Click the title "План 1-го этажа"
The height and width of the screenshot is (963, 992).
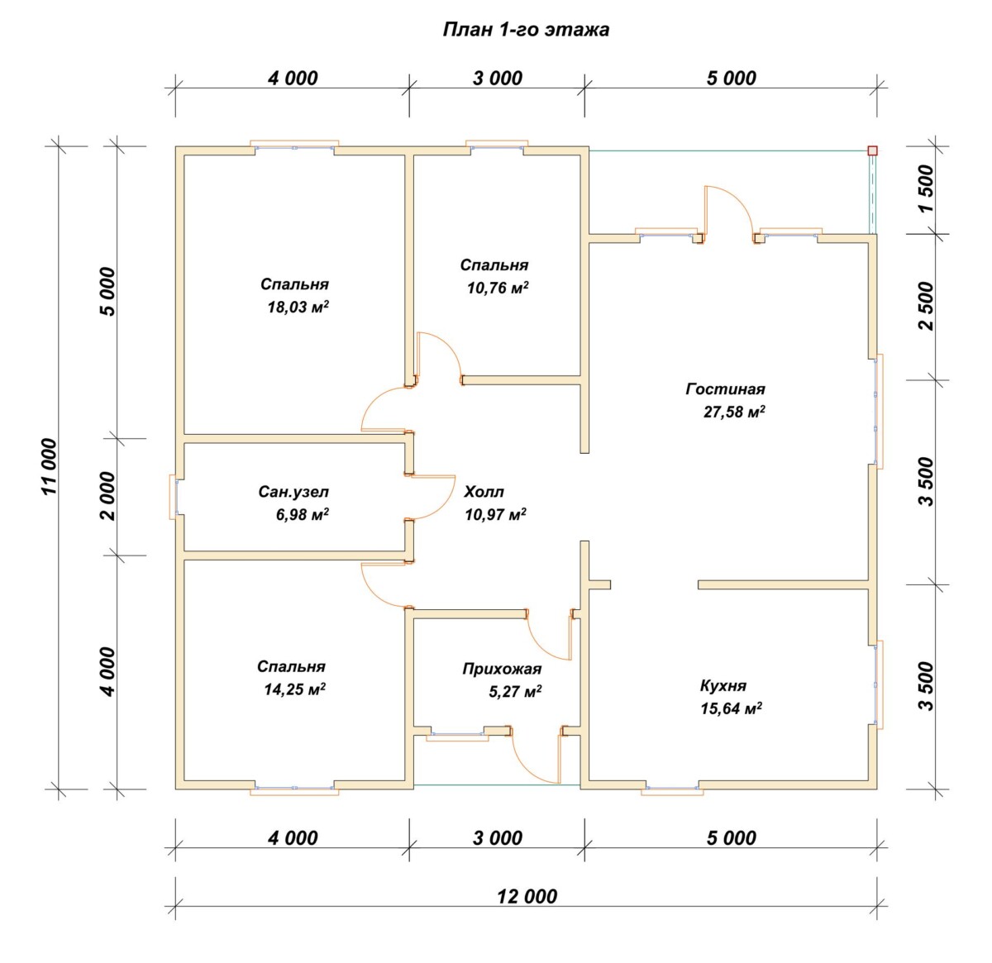[526, 31]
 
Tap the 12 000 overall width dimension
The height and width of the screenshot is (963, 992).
[527, 896]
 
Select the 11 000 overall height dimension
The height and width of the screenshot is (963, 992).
[50, 466]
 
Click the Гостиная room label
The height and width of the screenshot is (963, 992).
[725, 389]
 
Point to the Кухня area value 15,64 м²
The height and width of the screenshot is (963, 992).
[731, 708]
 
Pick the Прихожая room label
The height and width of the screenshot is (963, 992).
[502, 669]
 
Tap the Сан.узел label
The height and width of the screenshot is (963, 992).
[293, 492]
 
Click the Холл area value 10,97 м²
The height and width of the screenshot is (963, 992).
[495, 514]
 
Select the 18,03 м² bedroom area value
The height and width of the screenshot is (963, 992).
[298, 307]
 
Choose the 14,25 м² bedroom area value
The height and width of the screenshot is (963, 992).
[294, 689]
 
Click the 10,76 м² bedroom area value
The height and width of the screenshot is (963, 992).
[498, 288]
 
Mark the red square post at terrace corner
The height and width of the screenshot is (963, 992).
[872, 150]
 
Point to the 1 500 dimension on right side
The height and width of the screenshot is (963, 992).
[927, 188]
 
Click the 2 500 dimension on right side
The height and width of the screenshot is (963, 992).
[927, 306]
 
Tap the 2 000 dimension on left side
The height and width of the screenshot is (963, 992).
[107, 495]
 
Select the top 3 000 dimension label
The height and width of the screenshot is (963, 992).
[497, 79]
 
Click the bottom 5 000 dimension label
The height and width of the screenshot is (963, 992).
[731, 837]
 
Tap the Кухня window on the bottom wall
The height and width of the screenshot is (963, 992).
[672, 789]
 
